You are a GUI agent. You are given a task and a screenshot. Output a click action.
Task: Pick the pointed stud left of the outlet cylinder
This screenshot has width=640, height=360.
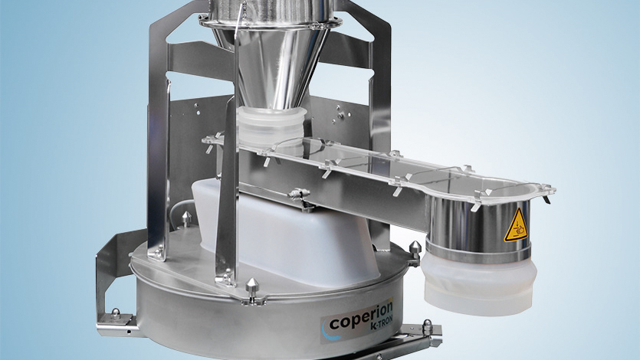tap(415, 250)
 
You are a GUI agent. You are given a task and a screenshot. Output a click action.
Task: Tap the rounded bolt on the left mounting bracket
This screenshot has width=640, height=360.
tap(115, 313)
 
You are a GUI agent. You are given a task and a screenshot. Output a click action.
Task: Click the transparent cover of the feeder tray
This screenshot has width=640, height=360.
tap(368, 165)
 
